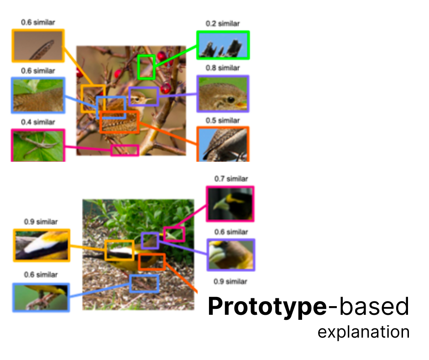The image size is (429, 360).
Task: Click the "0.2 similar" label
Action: click(222, 24)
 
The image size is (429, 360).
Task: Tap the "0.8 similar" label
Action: click(222, 68)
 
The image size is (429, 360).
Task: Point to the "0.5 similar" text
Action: click(222, 121)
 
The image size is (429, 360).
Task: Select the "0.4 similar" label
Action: click(38, 122)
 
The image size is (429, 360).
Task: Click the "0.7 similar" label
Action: click(231, 179)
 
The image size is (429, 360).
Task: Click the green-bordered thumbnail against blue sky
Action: click(223, 45)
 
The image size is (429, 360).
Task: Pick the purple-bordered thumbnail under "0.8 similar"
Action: click(223, 94)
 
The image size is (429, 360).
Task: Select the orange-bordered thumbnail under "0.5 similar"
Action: click(223, 144)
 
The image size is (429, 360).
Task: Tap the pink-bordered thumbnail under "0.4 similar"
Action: click(38, 145)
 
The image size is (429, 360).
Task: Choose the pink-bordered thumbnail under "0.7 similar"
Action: click(230, 204)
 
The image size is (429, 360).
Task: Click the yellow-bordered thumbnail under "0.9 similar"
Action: click(42, 245)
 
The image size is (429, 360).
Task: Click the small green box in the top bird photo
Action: click(146, 67)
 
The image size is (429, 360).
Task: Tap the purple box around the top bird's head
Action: click(143, 97)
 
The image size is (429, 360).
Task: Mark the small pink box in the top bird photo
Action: click(125, 150)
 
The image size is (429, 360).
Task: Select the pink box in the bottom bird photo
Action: click(174, 234)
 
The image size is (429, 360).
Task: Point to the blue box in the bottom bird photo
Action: click(144, 284)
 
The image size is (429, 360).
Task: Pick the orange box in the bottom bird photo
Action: click(152, 262)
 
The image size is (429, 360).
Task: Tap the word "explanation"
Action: click(363, 332)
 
